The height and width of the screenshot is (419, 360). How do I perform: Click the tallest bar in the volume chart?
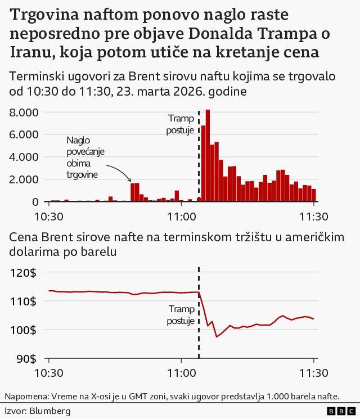pos(208,155)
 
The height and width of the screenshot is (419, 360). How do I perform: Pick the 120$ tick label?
pos(23,273)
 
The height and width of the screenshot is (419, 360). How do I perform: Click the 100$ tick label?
pos(23,330)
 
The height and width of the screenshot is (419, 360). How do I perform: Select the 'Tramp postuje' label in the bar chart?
pos(181,124)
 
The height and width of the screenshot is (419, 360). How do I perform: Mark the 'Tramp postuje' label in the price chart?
pos(181,316)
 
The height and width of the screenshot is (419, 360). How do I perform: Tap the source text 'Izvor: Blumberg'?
pos(38,411)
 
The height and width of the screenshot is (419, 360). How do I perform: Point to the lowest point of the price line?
pos(217,337)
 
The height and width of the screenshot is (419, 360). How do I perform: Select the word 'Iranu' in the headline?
pos(31,53)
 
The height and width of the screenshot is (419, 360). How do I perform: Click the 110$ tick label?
pos(23,301)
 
